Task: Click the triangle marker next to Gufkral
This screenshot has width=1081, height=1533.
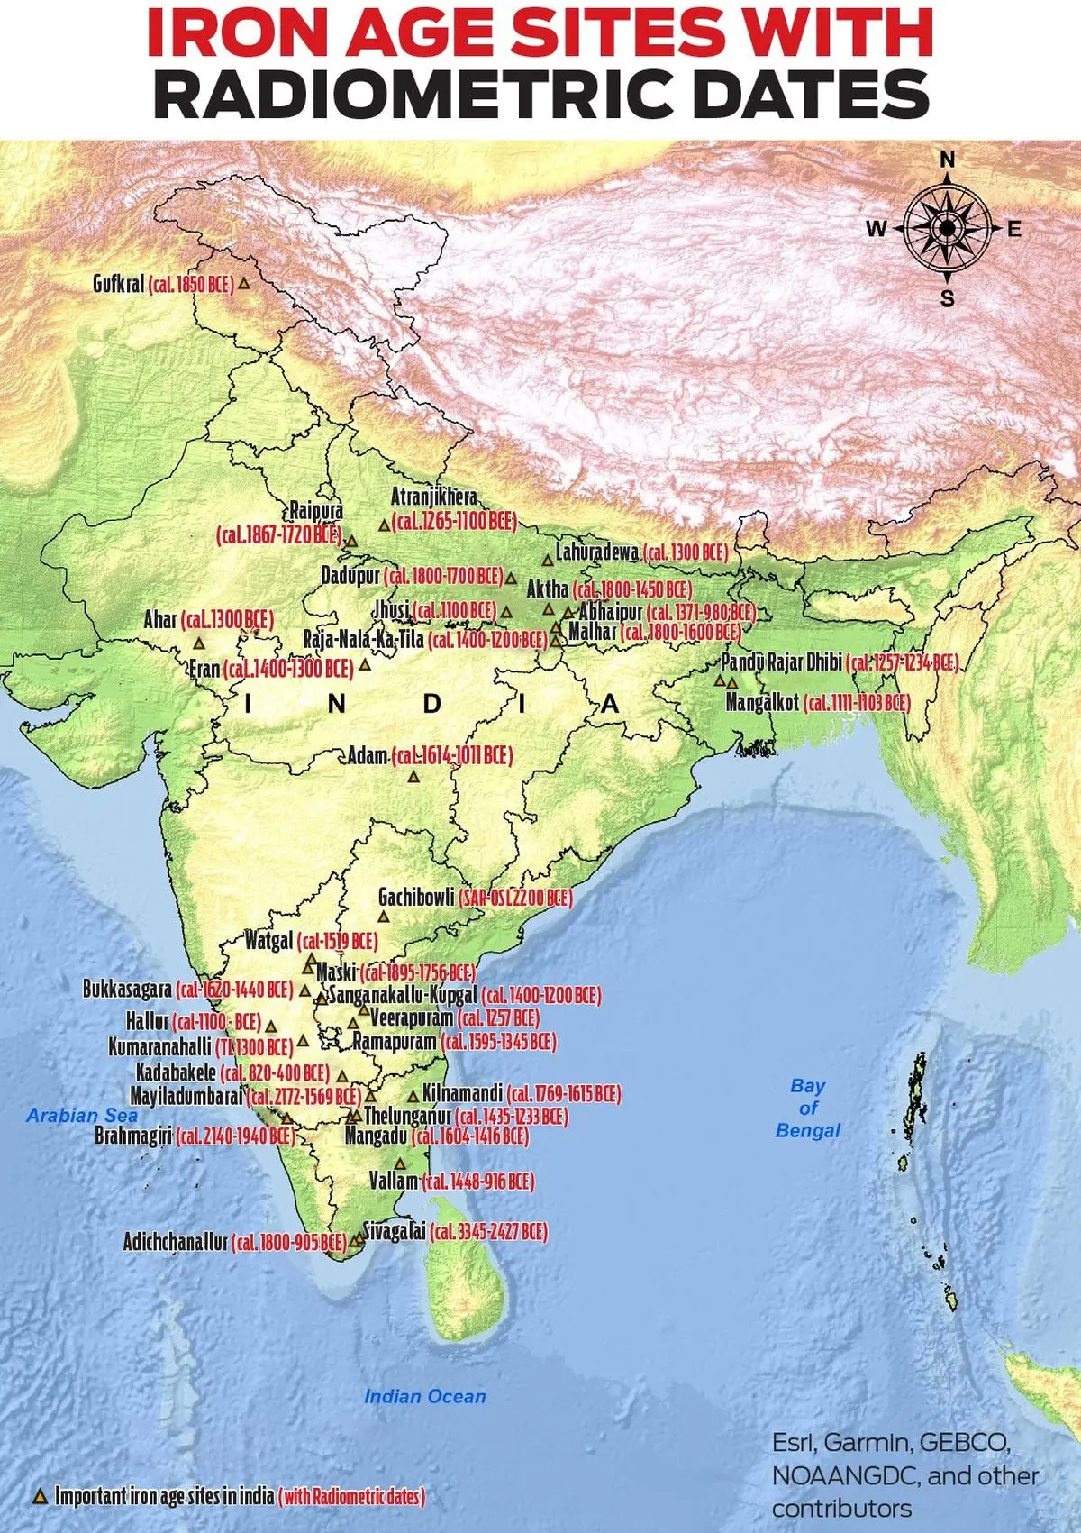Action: tap(242, 284)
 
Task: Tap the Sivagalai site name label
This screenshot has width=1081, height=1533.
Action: tap(394, 1230)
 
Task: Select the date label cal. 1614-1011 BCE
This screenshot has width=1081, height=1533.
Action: tap(452, 755)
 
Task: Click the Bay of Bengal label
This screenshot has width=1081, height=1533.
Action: tap(808, 1108)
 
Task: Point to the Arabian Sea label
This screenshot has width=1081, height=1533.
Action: tap(82, 1115)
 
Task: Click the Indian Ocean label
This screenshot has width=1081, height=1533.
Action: tap(424, 1396)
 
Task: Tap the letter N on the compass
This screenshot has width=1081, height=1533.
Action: tap(947, 160)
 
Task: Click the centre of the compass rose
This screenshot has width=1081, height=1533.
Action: tap(947, 229)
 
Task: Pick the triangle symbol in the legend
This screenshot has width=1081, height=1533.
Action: tap(39, 1496)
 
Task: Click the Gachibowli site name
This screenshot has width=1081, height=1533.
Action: tap(416, 897)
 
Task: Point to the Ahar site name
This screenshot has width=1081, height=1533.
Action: tap(160, 620)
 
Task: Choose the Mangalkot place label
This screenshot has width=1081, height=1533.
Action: tap(762, 702)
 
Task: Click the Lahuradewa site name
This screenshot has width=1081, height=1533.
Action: tap(597, 552)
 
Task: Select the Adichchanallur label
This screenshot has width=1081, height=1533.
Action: tap(176, 1242)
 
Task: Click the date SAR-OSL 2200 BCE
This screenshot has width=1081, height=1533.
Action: tap(515, 898)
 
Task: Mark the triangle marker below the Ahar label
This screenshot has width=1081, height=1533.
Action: tap(199, 643)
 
